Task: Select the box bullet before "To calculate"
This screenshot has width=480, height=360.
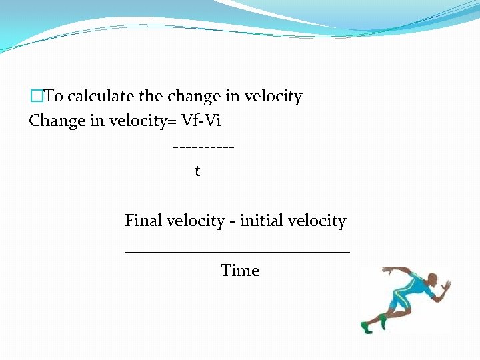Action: [x=36, y=97]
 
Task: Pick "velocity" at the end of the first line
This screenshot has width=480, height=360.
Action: [x=273, y=97]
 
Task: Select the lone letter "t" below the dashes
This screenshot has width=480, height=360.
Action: [x=197, y=171]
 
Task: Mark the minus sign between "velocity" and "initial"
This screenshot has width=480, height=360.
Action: [x=232, y=221]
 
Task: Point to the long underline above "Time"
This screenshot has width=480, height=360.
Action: [x=237, y=251]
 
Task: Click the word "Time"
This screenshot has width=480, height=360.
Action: [x=240, y=271]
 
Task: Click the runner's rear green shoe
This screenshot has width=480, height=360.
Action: [x=366, y=327]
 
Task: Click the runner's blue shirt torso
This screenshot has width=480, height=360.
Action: [x=417, y=287]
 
